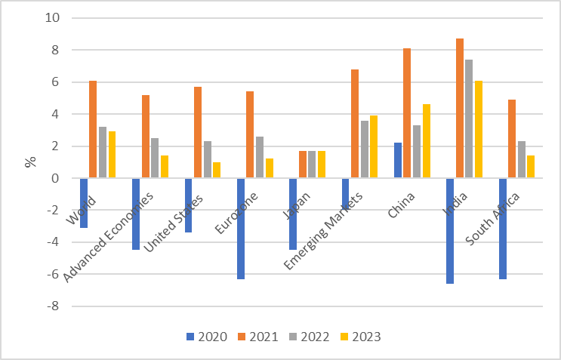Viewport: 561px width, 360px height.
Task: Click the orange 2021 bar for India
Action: point(460,109)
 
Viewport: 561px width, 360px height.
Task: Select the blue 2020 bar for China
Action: point(398,161)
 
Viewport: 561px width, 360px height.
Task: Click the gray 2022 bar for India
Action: point(469,119)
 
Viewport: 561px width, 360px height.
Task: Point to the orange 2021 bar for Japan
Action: point(303,165)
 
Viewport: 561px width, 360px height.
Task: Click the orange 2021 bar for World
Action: point(93,130)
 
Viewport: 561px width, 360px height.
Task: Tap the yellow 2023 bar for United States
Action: point(217,171)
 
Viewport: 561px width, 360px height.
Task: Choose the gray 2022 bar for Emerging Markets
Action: point(364,149)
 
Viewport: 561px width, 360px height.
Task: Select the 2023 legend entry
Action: point(359,336)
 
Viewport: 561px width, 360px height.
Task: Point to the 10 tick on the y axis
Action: point(54,18)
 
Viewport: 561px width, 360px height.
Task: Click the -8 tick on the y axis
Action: point(54,306)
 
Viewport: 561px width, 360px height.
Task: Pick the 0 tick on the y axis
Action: point(57,178)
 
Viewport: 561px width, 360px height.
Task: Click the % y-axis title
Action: point(31,162)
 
